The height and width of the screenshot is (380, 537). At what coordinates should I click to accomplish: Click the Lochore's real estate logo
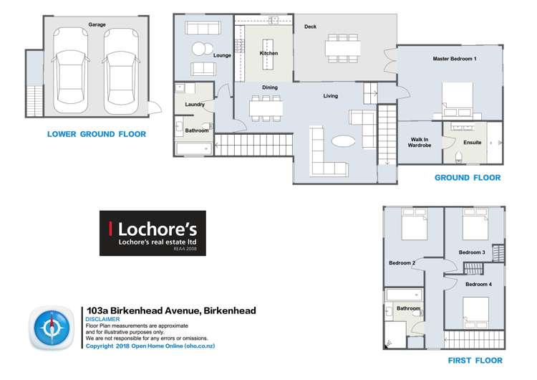[152, 233]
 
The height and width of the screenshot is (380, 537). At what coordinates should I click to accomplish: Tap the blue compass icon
[52, 328]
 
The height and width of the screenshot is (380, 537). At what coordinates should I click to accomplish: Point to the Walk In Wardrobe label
[420, 143]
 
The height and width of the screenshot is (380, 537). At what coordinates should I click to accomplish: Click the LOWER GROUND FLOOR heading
[96, 134]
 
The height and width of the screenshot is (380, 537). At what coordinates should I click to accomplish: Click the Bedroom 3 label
[472, 252]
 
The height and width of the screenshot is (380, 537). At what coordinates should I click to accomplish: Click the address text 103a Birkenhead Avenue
[142, 310]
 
